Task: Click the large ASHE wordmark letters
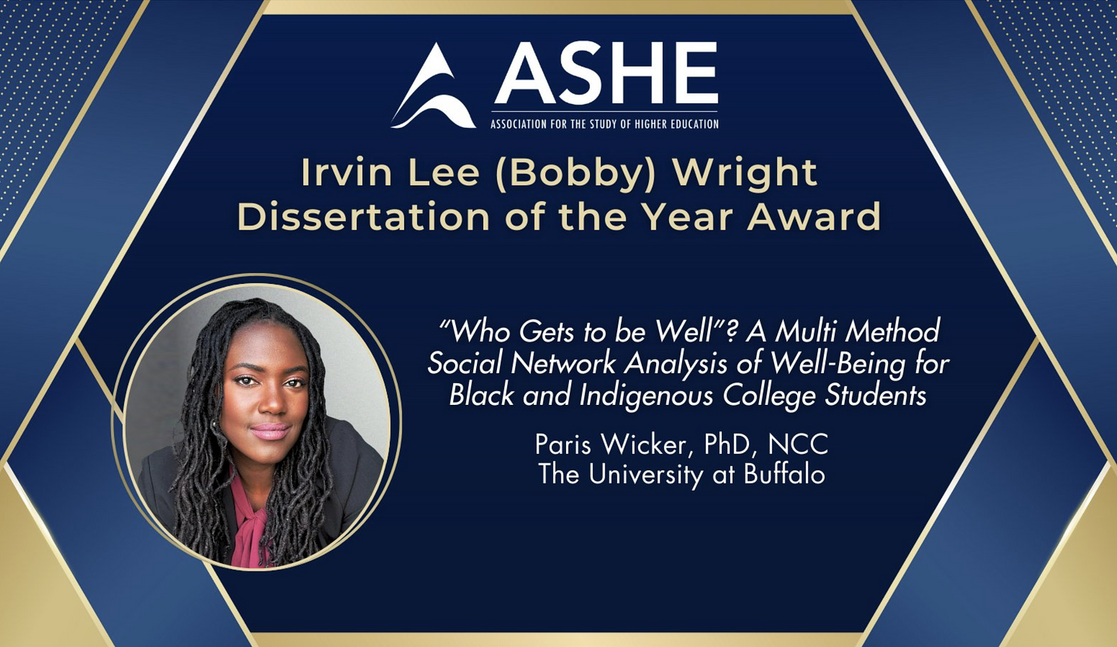pos(606,73)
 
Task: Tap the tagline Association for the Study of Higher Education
pos(605,124)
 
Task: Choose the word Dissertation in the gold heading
pos(362,217)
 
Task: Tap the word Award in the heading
pos(813,217)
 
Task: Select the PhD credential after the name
pos(727,445)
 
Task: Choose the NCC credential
pos(798,445)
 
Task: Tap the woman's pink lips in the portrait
pos(270,431)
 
